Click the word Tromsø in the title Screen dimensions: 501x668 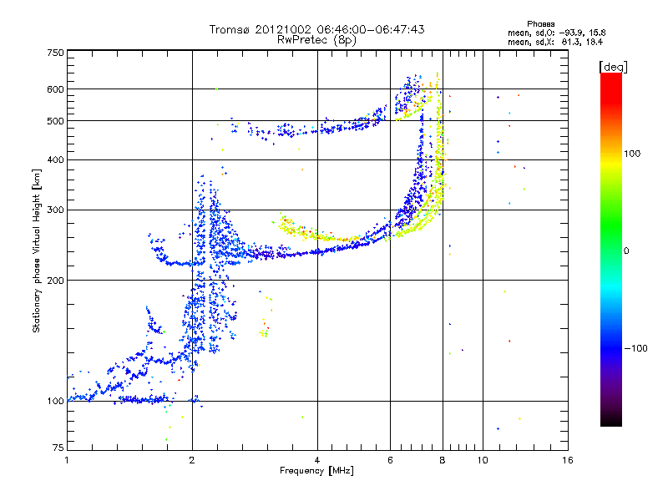tap(229, 29)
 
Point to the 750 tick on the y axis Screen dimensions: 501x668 tap(55, 52)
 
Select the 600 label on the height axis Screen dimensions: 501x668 tap(55, 89)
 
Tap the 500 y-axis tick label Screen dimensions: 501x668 tap(55, 120)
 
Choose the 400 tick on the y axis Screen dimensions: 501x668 tap(55, 159)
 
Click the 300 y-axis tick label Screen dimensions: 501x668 tap(55, 210)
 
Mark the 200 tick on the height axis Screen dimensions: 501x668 tap(55, 280)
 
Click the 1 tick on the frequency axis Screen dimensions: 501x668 tap(67, 460)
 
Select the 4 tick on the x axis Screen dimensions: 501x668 tap(317, 460)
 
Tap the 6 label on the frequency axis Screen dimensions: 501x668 tap(391, 460)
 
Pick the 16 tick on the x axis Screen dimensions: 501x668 tap(567, 460)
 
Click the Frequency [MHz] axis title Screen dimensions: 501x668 tap(316, 471)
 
